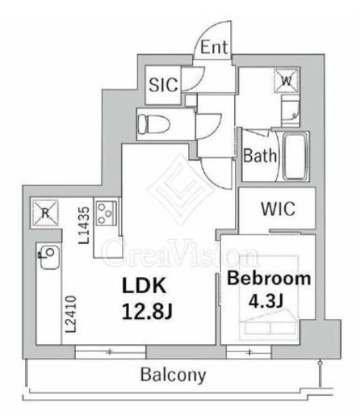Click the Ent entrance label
[214, 48]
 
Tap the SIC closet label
[163, 85]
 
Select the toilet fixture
[153, 124]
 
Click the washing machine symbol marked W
[287, 80]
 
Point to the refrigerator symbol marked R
[45, 213]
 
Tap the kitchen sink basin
[50, 257]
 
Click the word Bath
[260, 156]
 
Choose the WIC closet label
[278, 208]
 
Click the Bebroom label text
[269, 278]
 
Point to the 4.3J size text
[266, 301]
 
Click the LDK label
[144, 286]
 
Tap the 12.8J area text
[147, 312]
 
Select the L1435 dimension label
[84, 225]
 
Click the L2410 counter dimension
[71, 314]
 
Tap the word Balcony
[174, 375]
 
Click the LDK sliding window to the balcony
[111, 351]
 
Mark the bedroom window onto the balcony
[249, 351]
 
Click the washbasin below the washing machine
[290, 110]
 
